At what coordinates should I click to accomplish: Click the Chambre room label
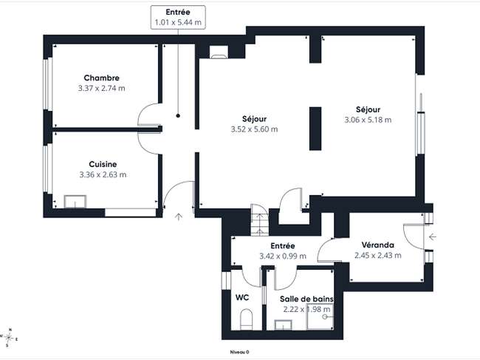pyautogui.click(x=102, y=78)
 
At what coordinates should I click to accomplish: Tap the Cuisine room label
pyautogui.click(x=103, y=164)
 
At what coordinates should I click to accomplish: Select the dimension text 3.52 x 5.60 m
pyautogui.click(x=254, y=129)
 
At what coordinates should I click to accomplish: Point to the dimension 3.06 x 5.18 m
pyautogui.click(x=368, y=120)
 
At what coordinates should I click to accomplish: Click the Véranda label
pyautogui.click(x=378, y=245)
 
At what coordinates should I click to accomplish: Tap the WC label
pyautogui.click(x=242, y=297)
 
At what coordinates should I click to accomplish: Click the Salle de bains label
pyautogui.click(x=306, y=299)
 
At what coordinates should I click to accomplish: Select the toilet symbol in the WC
pyautogui.click(x=246, y=319)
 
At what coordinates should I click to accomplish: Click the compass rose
pyautogui.click(x=9, y=338)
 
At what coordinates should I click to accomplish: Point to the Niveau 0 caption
pyautogui.click(x=240, y=353)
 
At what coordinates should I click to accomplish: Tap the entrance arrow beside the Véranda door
pyautogui.click(x=432, y=237)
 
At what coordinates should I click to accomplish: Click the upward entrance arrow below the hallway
pyautogui.click(x=179, y=217)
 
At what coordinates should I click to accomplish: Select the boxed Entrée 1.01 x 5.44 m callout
pyautogui.click(x=178, y=17)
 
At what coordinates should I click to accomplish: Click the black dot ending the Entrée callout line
pyautogui.click(x=178, y=116)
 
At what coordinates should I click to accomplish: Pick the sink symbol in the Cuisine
pyautogui.click(x=75, y=202)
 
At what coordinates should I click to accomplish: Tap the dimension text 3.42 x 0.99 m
pyautogui.click(x=283, y=256)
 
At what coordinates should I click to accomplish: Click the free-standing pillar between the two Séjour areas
pyautogui.click(x=315, y=129)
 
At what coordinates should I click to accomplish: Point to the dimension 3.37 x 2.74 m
pyautogui.click(x=102, y=89)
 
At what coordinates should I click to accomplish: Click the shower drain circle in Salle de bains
pyautogui.click(x=324, y=317)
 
